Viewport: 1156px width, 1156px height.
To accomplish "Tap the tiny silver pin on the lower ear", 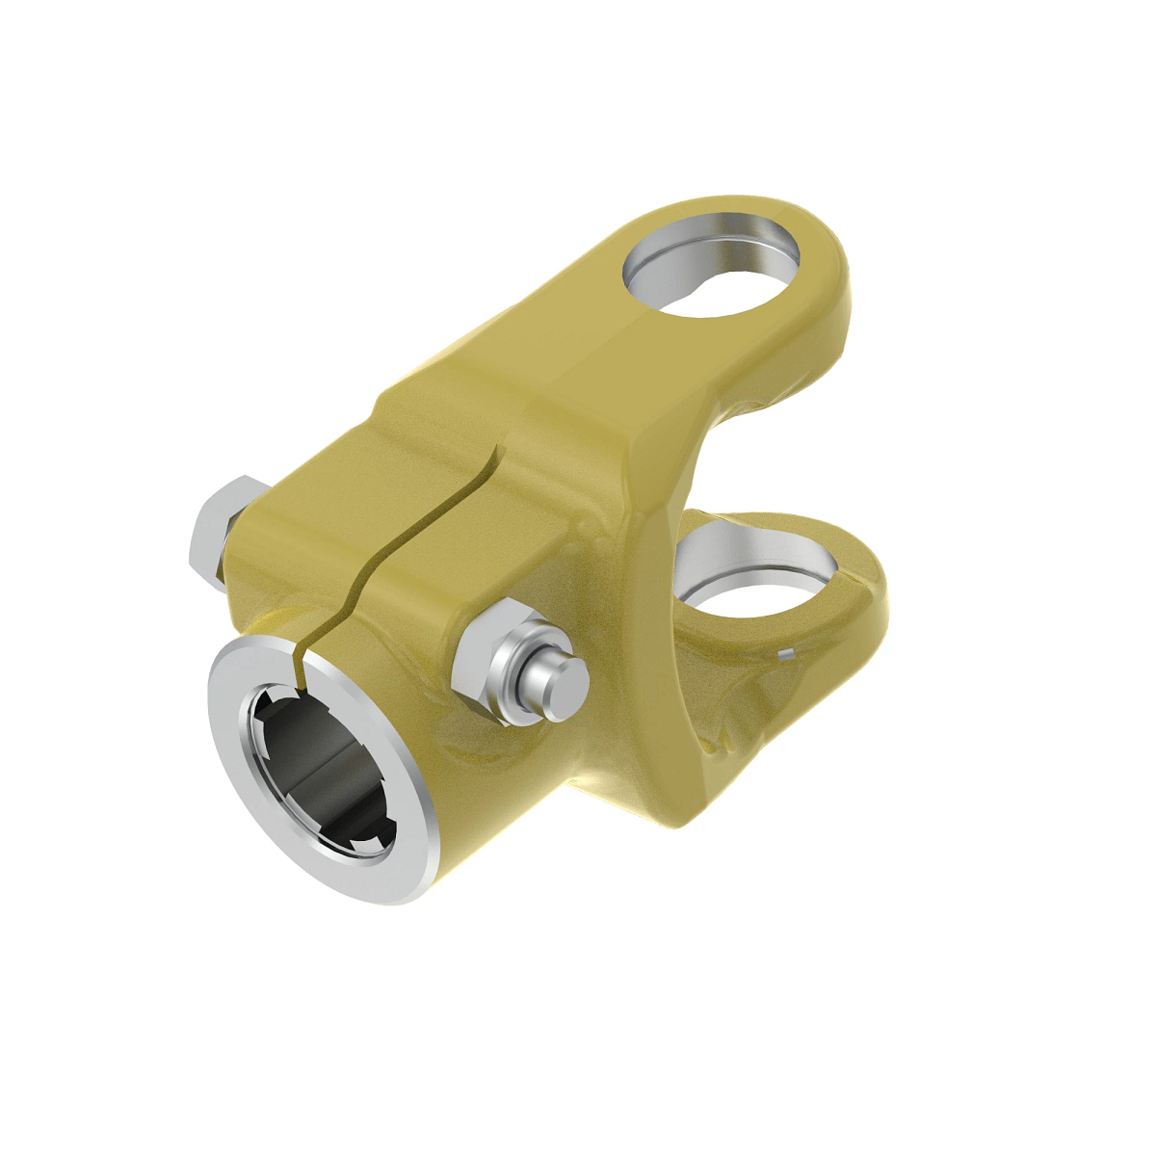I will [x=786, y=655].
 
